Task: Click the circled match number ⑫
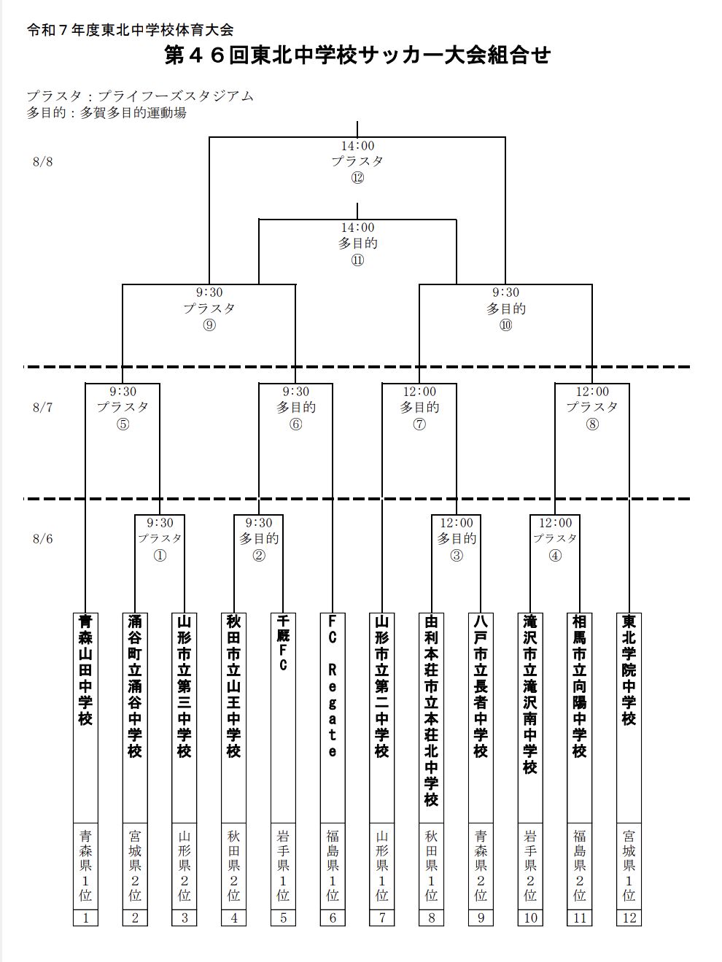click(x=357, y=178)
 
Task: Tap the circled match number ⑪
click(x=357, y=260)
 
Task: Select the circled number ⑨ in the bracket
click(x=209, y=325)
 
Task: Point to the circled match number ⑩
click(x=505, y=325)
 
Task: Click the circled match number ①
click(x=160, y=555)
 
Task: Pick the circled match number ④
click(x=555, y=555)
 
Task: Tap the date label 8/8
click(x=42, y=162)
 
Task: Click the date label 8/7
click(x=42, y=408)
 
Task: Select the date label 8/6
click(x=42, y=539)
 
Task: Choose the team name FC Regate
click(x=333, y=686)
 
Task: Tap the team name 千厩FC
click(x=283, y=643)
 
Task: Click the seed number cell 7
click(x=382, y=918)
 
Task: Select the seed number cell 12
click(x=629, y=918)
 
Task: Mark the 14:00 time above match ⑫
click(x=357, y=146)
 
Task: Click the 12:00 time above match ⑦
click(x=419, y=392)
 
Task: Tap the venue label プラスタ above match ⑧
click(x=592, y=407)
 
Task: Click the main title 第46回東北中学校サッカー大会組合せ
click(x=357, y=55)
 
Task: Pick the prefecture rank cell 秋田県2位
click(x=233, y=865)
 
